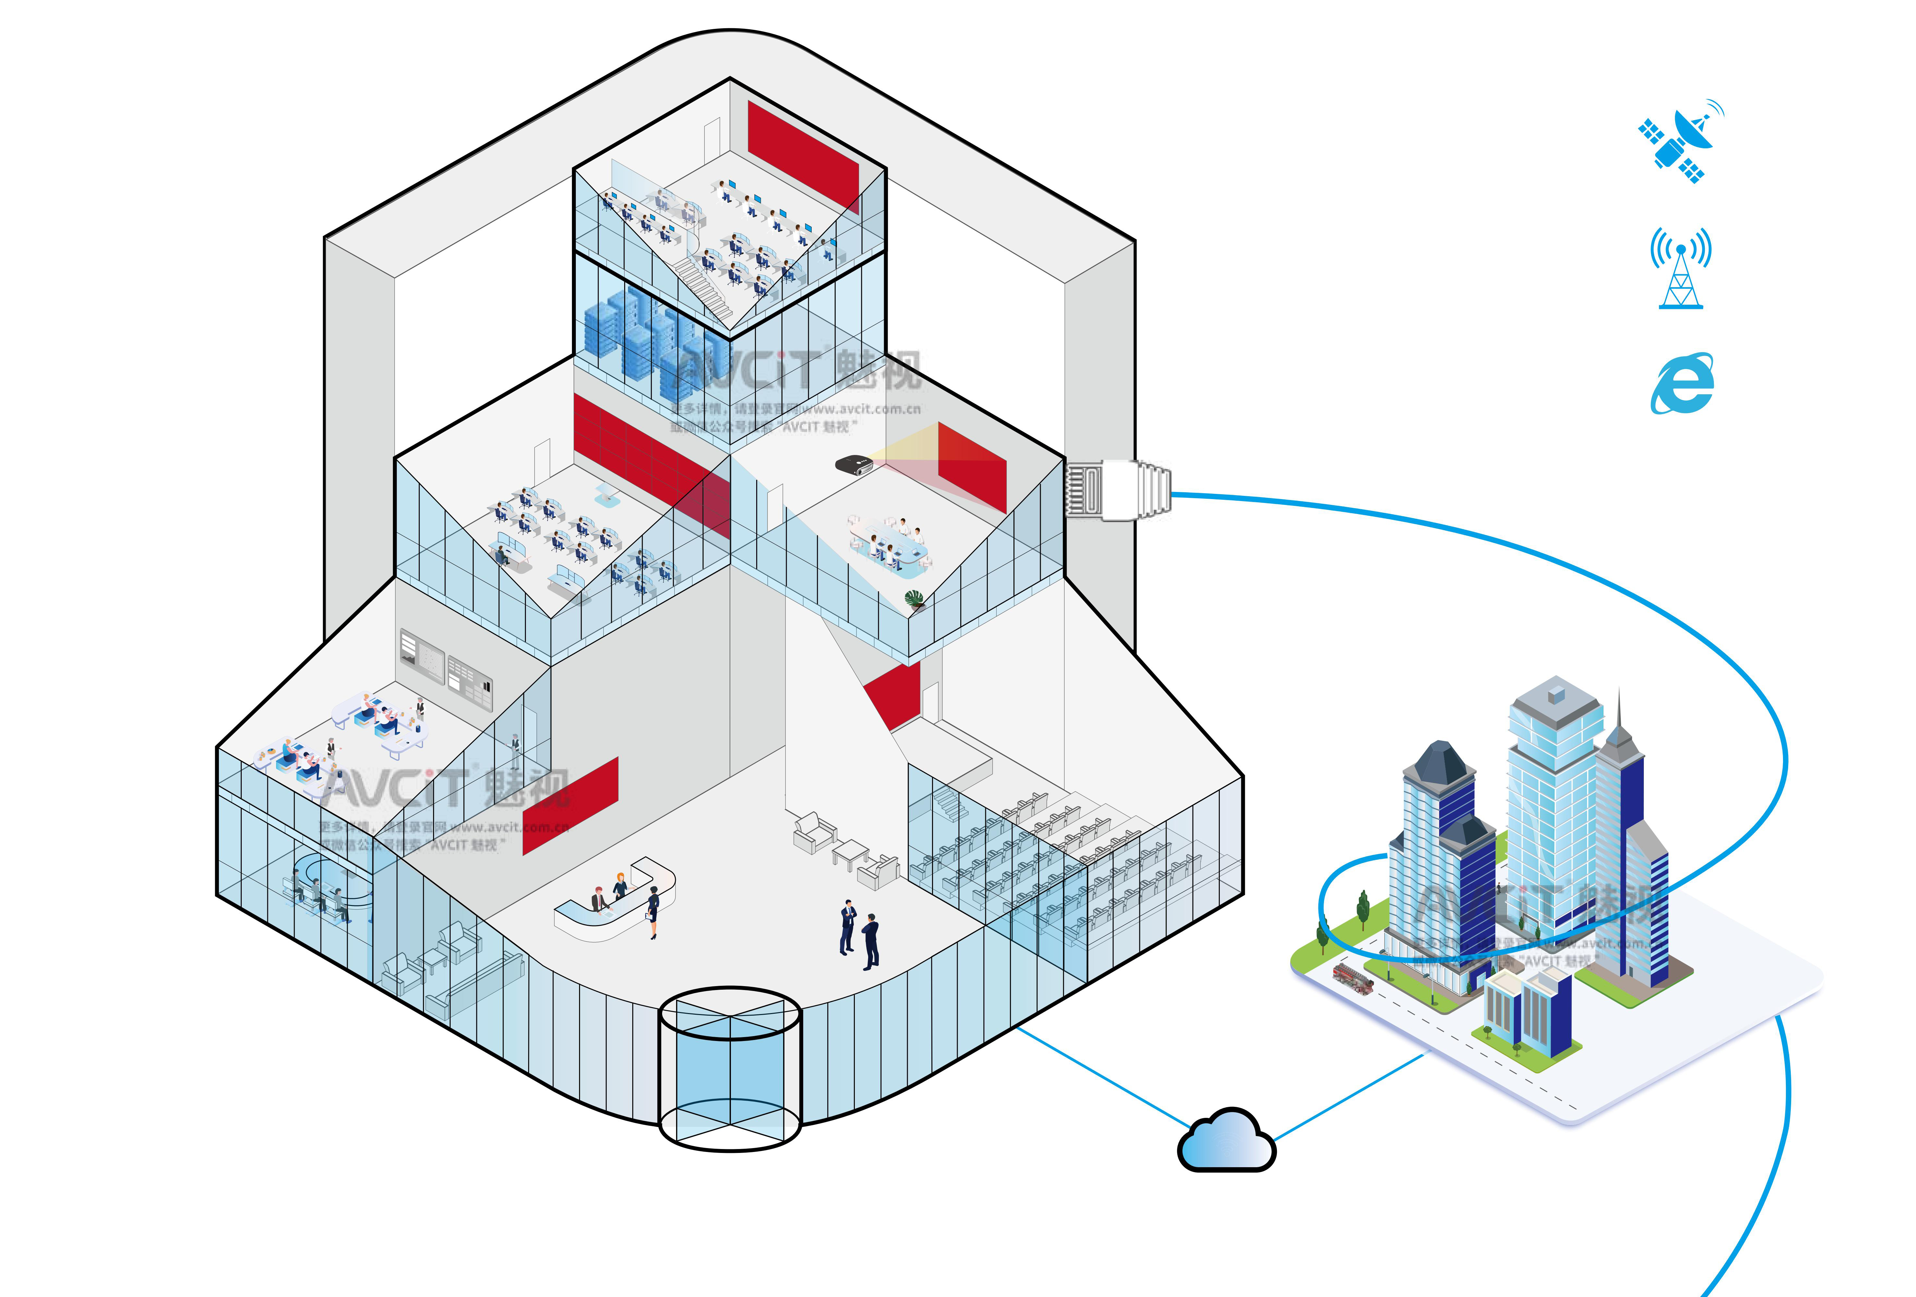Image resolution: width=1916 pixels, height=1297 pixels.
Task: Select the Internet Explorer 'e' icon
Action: (x=1682, y=384)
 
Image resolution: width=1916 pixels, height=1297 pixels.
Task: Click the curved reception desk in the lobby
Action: (x=614, y=903)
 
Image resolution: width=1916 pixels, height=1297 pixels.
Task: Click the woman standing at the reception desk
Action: (x=653, y=911)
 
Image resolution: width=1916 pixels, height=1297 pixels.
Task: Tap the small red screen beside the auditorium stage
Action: (x=893, y=692)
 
